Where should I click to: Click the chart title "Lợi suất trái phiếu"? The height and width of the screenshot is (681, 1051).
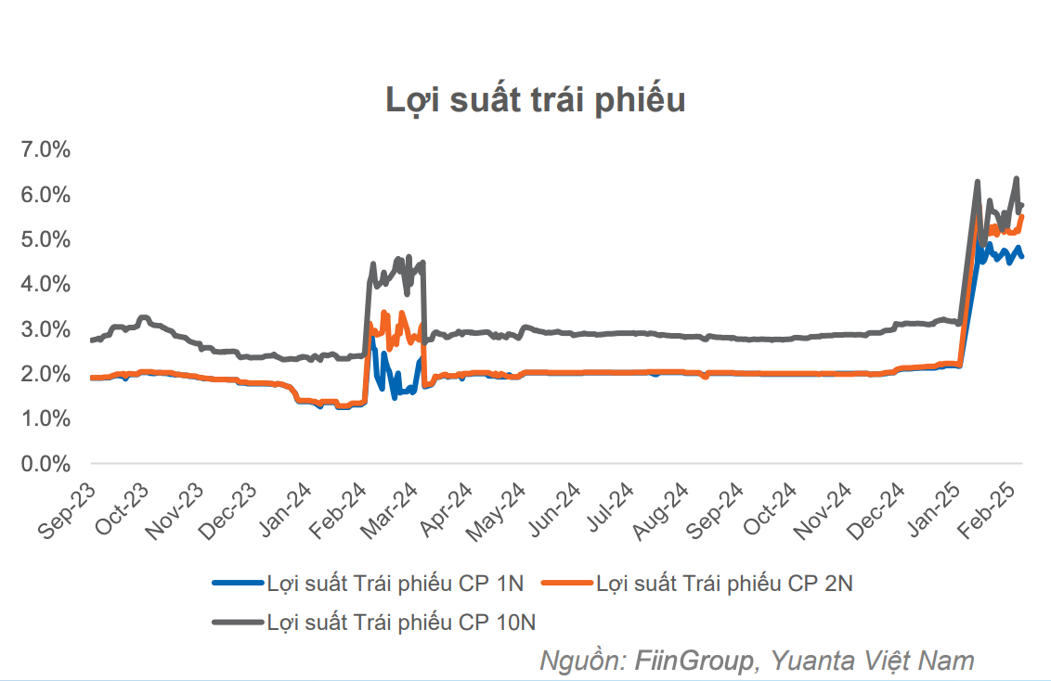coord(536,99)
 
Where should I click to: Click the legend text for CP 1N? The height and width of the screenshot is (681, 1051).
coord(396,584)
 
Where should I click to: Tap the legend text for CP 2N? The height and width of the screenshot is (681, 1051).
coord(725,584)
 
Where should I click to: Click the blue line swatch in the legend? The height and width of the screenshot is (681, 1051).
coord(237,584)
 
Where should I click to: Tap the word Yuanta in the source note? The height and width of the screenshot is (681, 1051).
coord(808,661)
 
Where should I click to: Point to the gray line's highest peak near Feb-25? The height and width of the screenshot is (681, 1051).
coord(1017,178)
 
